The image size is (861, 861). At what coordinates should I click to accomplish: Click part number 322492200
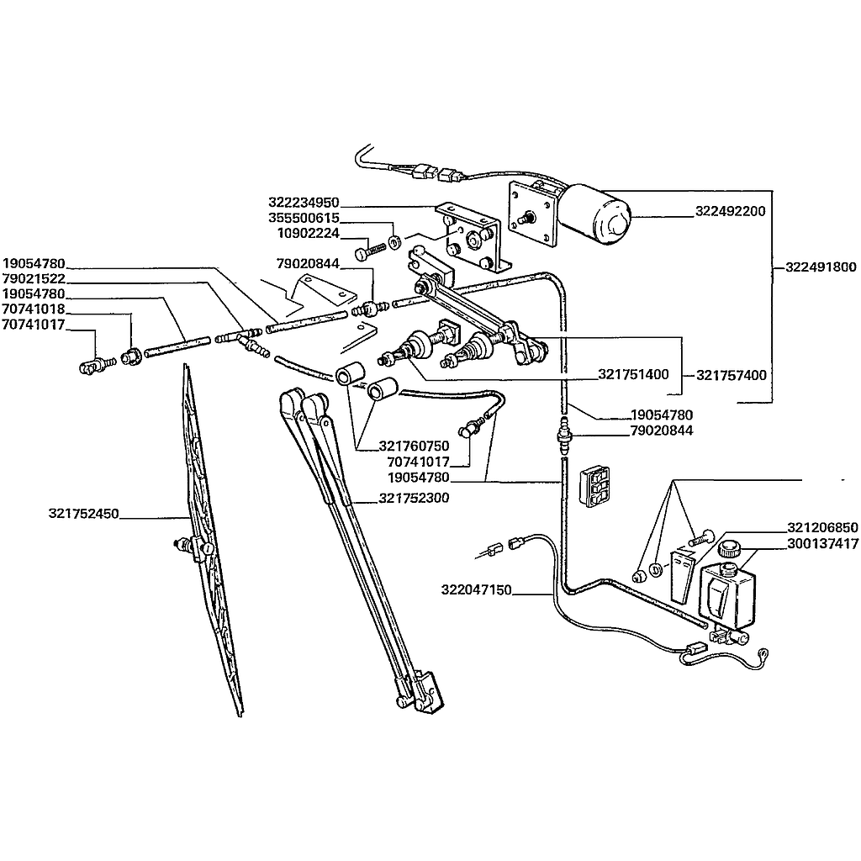tap(730, 211)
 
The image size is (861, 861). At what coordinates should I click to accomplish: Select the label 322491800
tap(821, 268)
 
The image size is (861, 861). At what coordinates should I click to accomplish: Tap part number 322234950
tap(304, 203)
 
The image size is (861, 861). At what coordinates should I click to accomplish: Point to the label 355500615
tap(304, 217)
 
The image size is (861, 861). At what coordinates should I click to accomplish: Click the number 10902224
tap(308, 232)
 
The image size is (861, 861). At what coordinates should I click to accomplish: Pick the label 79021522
tap(34, 278)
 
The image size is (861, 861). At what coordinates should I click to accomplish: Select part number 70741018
tap(34, 309)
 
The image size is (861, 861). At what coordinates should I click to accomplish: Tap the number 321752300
tap(414, 499)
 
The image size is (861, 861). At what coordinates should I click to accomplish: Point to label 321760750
tap(415, 446)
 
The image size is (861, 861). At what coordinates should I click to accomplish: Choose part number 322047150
tap(475, 590)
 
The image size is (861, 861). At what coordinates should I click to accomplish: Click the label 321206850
tap(822, 528)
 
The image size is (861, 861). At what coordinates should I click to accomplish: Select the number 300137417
tap(822, 544)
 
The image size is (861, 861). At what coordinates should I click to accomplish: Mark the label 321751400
tap(633, 374)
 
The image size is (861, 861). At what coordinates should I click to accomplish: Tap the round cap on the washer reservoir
tap(729, 551)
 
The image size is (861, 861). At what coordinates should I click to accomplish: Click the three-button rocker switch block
tap(596, 485)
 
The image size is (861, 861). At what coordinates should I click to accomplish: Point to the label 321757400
tap(732, 375)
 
